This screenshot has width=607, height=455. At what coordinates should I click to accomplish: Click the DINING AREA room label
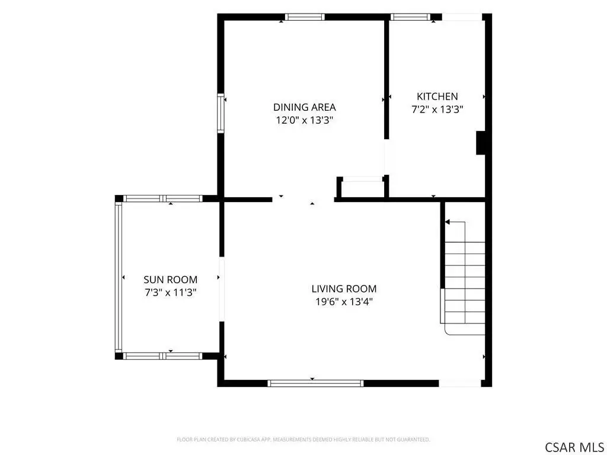[304, 107]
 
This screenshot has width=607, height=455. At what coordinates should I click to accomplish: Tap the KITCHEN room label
[437, 97]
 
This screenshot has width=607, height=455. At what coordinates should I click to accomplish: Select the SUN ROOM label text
[170, 280]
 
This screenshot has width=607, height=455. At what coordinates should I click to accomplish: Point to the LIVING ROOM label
[344, 289]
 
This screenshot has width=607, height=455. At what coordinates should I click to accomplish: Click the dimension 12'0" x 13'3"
[304, 120]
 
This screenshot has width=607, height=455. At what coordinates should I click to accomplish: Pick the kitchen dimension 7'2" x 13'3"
[437, 110]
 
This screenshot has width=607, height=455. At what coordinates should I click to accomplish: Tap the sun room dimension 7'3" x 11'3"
[170, 293]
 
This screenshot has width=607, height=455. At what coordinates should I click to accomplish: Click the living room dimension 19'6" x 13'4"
[344, 302]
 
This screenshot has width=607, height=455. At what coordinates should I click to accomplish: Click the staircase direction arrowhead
[448, 222]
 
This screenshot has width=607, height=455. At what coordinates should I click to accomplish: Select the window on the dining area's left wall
[221, 113]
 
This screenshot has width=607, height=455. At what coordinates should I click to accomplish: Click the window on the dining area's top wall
[305, 17]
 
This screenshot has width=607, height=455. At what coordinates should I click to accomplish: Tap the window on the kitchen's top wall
[410, 17]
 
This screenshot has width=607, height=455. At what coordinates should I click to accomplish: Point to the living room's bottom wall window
[315, 383]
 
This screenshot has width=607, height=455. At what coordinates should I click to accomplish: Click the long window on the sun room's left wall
[119, 277]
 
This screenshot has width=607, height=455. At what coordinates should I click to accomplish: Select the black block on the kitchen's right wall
[480, 143]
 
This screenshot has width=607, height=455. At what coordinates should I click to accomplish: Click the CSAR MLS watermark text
[574, 447]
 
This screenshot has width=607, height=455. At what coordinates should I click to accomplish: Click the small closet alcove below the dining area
[363, 189]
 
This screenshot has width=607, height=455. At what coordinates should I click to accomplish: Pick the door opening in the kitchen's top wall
[462, 17]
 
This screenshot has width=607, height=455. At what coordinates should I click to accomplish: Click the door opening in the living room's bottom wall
[460, 383]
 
